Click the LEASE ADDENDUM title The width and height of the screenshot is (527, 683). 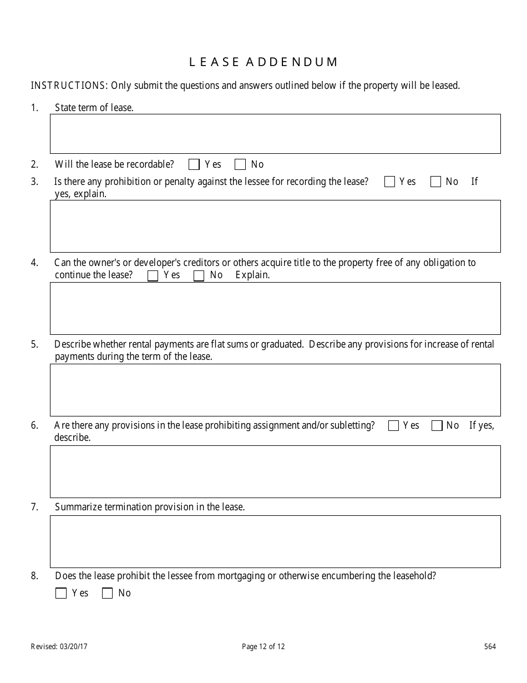click(263, 62)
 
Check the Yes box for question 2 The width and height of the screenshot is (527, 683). click(194, 164)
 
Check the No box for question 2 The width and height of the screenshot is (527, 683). click(240, 164)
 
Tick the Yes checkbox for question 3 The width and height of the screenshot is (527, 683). click(389, 182)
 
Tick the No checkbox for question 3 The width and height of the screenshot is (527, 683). click(435, 182)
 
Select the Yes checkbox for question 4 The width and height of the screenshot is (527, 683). click(153, 275)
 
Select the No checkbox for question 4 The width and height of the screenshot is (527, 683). click(199, 275)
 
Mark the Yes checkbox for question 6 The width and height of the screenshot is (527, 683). click(393, 426)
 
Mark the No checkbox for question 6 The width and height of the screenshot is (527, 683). click(437, 426)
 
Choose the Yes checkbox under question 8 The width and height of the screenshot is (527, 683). click(61, 593)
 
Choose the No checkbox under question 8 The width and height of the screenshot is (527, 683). click(107, 593)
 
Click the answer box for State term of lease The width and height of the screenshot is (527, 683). click(275, 134)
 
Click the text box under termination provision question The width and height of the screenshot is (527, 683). click(275, 541)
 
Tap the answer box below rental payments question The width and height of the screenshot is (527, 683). click(275, 390)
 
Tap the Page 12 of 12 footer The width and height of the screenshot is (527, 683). click(263, 646)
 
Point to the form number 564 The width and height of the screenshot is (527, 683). click(490, 646)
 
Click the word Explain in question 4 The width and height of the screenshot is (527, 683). click(252, 275)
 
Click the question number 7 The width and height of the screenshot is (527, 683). click(34, 507)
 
